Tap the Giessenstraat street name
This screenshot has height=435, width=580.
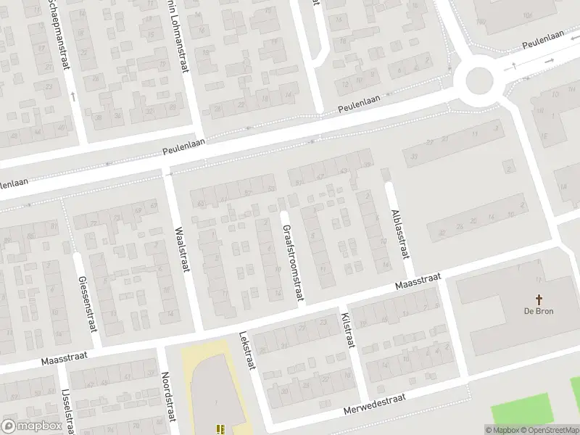83,298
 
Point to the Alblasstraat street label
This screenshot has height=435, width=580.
399,232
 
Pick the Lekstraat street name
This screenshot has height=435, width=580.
247,351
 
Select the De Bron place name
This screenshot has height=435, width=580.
539,311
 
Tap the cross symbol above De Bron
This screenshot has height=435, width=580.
539,299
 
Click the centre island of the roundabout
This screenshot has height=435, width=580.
478,80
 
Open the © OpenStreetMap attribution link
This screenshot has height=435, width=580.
549,430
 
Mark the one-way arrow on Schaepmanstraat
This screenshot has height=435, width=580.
72,95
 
